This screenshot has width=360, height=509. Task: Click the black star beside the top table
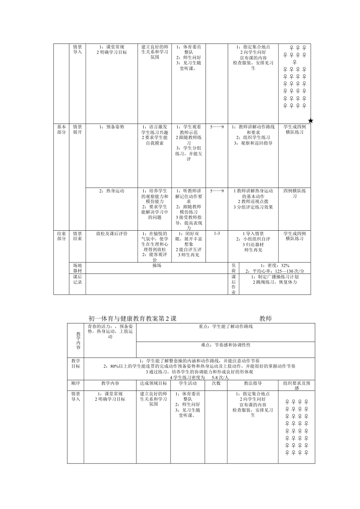(x=311, y=121)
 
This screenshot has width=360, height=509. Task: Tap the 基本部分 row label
(x=61, y=130)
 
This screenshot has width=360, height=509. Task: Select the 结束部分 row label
(x=61, y=236)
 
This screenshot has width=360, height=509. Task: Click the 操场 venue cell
(x=157, y=266)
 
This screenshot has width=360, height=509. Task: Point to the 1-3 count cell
(x=217, y=233)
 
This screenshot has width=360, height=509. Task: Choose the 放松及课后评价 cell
(x=112, y=234)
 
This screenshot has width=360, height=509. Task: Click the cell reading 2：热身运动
(x=112, y=191)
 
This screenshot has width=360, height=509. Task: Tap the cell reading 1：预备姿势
(x=112, y=127)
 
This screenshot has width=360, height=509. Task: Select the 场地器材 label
(x=77, y=268)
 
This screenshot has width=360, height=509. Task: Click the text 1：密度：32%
(x=275, y=265)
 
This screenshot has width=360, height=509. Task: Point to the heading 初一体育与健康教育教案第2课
(x=132, y=319)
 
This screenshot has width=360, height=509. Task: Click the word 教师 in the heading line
(x=266, y=319)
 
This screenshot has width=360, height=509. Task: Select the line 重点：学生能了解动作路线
(x=225, y=326)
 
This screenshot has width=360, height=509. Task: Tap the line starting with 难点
(x=225, y=345)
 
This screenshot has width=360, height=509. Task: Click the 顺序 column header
(x=75, y=383)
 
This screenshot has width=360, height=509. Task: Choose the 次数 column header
(x=216, y=383)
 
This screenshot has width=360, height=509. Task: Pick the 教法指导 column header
(x=253, y=383)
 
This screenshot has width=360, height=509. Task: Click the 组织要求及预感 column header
(x=296, y=386)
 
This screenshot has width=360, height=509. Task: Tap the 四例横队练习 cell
(x=294, y=194)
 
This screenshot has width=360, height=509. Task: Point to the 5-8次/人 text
(x=220, y=378)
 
